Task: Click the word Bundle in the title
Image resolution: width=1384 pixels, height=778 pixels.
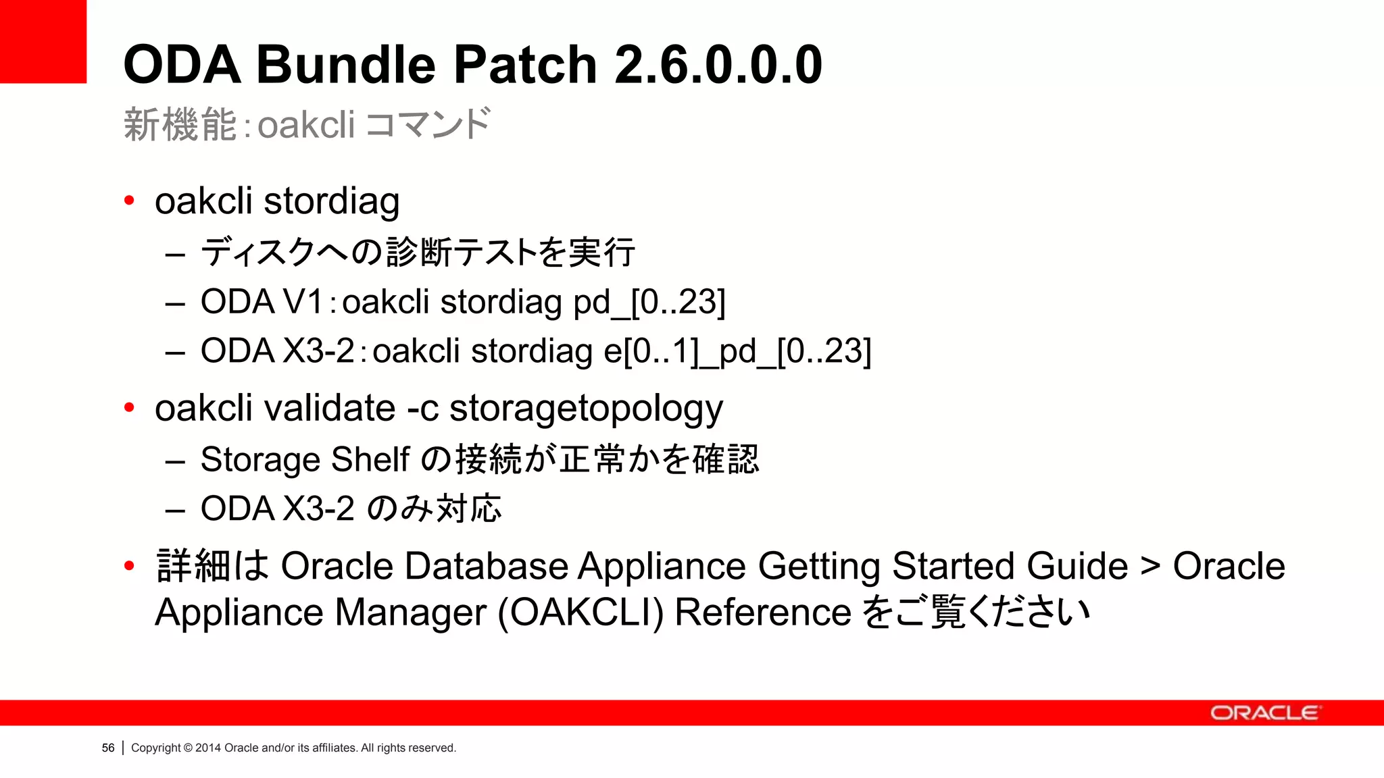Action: [x=345, y=65]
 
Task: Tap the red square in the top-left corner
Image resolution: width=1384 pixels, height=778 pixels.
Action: [x=43, y=41]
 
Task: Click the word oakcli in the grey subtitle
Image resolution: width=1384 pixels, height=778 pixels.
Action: [x=306, y=125]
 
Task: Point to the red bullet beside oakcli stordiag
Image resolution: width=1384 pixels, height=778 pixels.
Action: [x=129, y=201]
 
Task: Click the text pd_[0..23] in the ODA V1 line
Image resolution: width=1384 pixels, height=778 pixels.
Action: [x=649, y=302]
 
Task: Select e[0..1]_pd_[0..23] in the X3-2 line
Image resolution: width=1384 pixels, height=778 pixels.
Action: [x=737, y=351]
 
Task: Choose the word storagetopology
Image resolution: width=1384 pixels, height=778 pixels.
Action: [x=586, y=409]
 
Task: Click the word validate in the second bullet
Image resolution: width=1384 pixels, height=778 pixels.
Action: [x=330, y=408]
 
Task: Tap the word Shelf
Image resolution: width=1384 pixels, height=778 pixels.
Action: [x=370, y=460]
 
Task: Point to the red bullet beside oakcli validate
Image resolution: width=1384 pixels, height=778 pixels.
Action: [x=129, y=408]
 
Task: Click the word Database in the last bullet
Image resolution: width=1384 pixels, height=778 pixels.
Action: [x=486, y=566]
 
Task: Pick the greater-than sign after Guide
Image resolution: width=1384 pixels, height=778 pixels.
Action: [x=1150, y=566]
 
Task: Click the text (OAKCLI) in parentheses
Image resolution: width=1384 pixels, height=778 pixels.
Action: [x=580, y=613]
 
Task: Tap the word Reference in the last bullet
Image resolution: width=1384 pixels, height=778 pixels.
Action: [x=763, y=613]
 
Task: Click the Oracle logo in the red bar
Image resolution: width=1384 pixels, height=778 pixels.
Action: [x=1264, y=713]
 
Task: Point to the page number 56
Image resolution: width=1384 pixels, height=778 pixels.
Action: [x=108, y=748]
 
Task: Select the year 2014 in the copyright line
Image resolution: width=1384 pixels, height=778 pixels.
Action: [x=208, y=748]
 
